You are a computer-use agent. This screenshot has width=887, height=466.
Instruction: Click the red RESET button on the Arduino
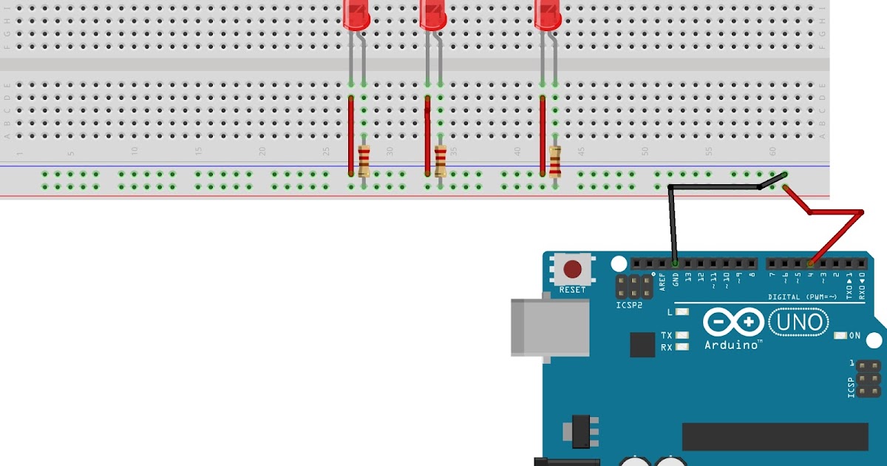point(571,269)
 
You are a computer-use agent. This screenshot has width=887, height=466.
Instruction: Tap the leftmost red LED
point(356,15)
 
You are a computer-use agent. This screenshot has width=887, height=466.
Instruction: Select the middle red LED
point(432,15)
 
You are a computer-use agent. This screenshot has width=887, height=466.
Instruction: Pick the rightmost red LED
point(548,15)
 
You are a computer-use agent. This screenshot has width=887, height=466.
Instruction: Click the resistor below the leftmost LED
point(364,161)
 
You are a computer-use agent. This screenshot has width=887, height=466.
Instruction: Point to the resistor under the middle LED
point(441,161)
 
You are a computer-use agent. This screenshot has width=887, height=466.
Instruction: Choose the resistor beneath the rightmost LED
point(555,161)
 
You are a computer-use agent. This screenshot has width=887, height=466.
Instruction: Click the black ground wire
point(671,222)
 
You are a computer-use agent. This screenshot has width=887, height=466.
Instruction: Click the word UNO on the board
point(799,323)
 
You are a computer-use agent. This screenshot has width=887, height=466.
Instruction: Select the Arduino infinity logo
point(733,323)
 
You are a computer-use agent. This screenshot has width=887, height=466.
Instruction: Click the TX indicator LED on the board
point(682,335)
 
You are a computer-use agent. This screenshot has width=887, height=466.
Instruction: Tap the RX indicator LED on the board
point(682,346)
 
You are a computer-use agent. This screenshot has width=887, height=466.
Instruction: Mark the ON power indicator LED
point(840,336)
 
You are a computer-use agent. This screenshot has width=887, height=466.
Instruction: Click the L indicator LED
point(682,312)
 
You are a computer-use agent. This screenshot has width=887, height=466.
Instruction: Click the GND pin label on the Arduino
point(676,280)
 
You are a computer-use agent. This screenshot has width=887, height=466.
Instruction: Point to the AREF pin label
point(662,281)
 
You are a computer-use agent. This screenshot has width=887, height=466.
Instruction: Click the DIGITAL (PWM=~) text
point(802,297)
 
